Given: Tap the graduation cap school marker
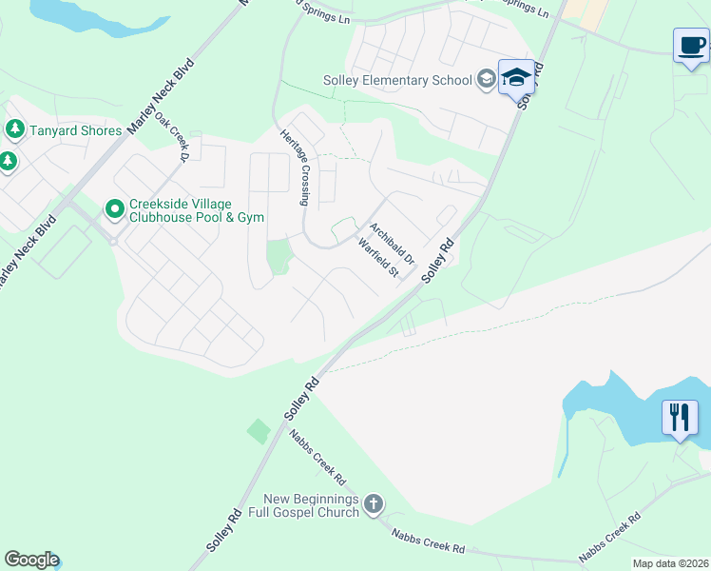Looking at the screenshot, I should coord(516,76).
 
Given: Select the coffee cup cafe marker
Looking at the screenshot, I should coord(691,45).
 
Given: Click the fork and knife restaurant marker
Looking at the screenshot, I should coord(680,417).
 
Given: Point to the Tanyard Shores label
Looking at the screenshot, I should coord(75,130).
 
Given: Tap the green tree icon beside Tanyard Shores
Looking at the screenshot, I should coord(14,128).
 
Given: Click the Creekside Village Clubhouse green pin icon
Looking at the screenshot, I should coord(114,207).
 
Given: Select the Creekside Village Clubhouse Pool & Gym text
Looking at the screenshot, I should coord(198,210).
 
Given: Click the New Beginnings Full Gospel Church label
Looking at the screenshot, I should coord(311,505).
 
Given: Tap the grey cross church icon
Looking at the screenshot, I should coord(374,503).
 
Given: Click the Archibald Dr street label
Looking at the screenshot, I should coord(393,244).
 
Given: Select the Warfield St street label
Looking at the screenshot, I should coord(377,258).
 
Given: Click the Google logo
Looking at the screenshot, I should coord(31,560).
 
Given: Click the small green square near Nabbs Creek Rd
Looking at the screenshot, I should coord(259,431).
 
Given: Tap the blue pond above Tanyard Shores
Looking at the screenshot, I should coord(90,15).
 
